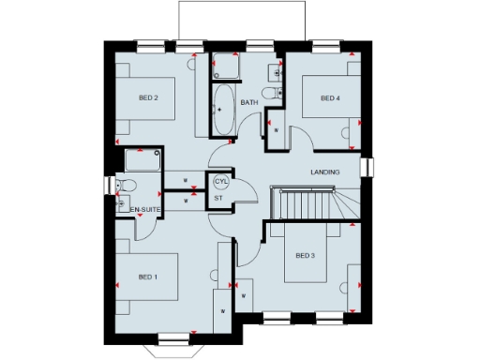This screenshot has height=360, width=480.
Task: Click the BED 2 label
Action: tap(148, 97)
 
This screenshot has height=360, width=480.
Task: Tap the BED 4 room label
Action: tap(328, 97)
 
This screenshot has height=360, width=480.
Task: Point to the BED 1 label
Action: tap(148, 277)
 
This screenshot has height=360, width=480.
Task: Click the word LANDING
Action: tap(324, 172)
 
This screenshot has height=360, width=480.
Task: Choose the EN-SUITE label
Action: tap(144, 208)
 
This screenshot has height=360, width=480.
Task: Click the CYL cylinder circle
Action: tap(221, 181)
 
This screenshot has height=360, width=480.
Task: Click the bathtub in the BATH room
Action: tap(223, 111)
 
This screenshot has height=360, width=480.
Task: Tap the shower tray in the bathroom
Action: tap(225, 67)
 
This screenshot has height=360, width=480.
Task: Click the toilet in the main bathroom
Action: tap(272, 93)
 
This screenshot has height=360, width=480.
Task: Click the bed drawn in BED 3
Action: tap(309, 255)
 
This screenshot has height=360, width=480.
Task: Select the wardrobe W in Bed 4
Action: tap(277, 130)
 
